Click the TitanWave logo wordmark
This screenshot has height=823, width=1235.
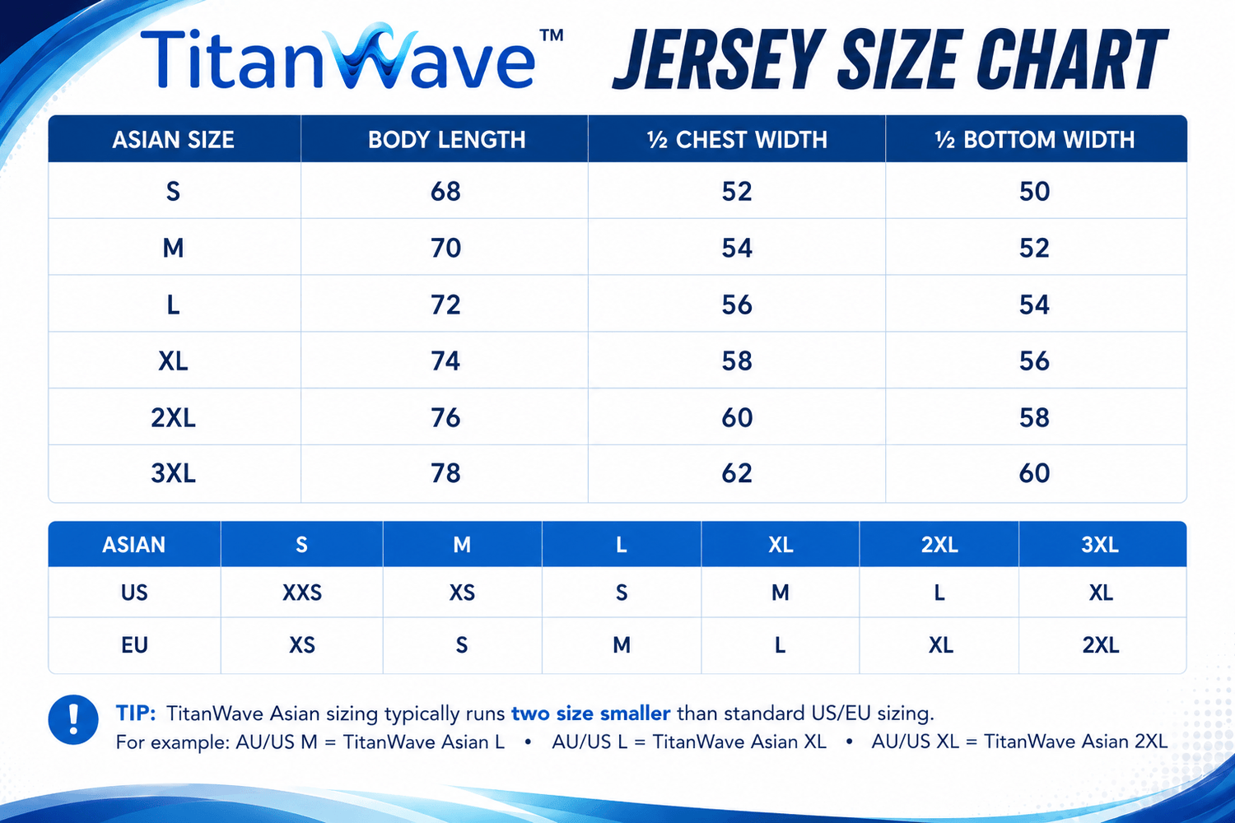[338, 57]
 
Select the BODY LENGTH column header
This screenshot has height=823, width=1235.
[446, 139]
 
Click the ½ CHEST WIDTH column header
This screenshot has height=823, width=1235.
[737, 139]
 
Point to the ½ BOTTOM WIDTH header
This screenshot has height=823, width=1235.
[1035, 139]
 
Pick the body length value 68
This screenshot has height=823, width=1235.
[445, 191]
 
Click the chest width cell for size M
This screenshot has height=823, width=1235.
[737, 248]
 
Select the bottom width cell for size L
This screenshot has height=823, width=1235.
[1034, 305]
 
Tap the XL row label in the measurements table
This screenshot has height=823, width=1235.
[173, 361]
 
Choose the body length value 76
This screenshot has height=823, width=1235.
[445, 418]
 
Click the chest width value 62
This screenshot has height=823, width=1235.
[737, 473]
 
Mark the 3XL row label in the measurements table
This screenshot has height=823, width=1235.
[173, 473]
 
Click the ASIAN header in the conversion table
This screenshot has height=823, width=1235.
[134, 545]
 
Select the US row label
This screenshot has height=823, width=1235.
[134, 593]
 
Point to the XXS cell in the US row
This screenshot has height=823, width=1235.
[302, 593]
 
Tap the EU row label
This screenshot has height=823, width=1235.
[134, 645]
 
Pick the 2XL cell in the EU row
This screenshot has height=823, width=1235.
[1101, 645]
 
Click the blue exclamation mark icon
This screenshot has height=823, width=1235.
[73, 719]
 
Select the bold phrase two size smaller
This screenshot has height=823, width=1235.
[591, 714]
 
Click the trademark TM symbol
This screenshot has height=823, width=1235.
[552, 35]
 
